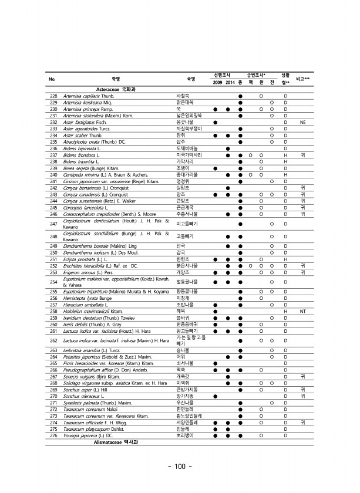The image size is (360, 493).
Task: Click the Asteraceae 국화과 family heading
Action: [109, 89]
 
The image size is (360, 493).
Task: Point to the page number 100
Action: [180, 467]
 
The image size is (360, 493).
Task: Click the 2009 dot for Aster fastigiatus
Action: [216, 122]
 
